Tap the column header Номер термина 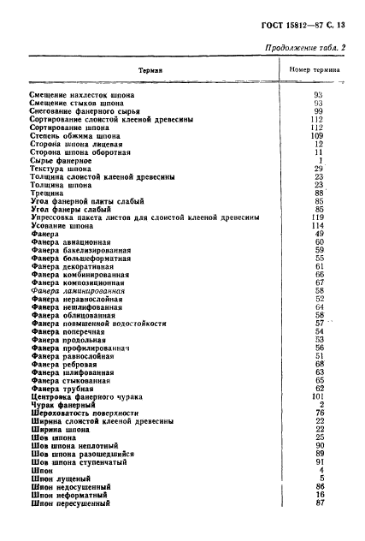pos(315,69)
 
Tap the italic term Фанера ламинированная pos(77,291)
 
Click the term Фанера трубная pos(65,389)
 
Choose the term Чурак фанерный pos(63,405)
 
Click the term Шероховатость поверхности pos(85,413)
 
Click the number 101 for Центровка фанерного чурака pos(317,396)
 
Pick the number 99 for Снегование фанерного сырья pos(318,111)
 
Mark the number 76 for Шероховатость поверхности pos(319,413)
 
